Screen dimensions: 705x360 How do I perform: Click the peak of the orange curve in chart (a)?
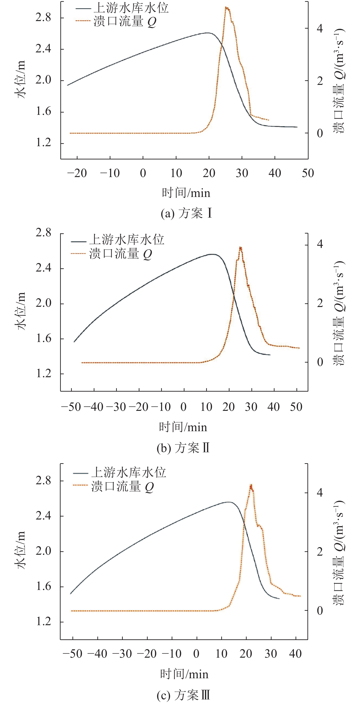click(x=226, y=7)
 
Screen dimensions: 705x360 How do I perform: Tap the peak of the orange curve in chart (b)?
click(x=240, y=248)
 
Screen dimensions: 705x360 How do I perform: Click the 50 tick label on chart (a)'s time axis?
click(x=308, y=173)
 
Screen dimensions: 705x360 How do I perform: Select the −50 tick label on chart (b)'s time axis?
click(x=71, y=407)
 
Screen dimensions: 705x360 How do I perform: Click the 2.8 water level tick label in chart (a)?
click(x=43, y=18)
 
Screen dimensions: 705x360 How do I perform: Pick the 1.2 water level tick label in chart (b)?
click(x=43, y=374)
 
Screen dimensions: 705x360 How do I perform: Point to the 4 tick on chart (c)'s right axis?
click(x=320, y=493)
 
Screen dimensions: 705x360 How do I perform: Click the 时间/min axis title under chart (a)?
click(x=186, y=193)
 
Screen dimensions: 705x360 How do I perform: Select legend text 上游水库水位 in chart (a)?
click(x=131, y=8)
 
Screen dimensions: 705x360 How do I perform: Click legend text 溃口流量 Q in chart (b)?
click(x=121, y=254)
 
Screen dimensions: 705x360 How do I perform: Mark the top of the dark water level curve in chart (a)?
click(x=208, y=33)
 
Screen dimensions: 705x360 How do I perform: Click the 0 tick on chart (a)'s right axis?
click(x=320, y=133)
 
